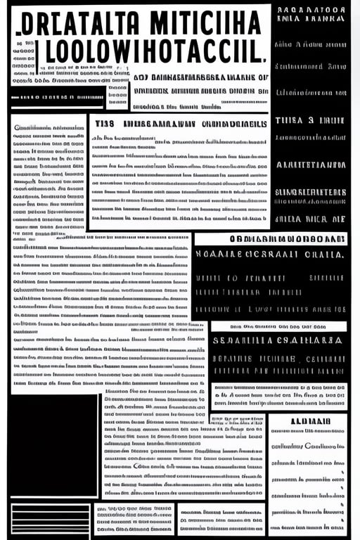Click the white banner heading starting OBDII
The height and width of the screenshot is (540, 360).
pos(270,239)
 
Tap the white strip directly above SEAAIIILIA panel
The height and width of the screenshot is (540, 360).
pos(278,326)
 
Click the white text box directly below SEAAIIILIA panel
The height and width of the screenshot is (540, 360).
pos(279,395)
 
